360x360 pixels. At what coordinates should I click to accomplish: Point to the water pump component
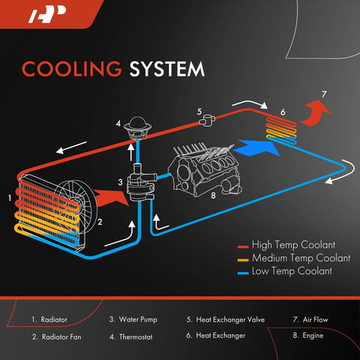137,184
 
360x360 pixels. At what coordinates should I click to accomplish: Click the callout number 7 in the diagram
323,94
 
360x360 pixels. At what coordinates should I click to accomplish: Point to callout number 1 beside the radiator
10,198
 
